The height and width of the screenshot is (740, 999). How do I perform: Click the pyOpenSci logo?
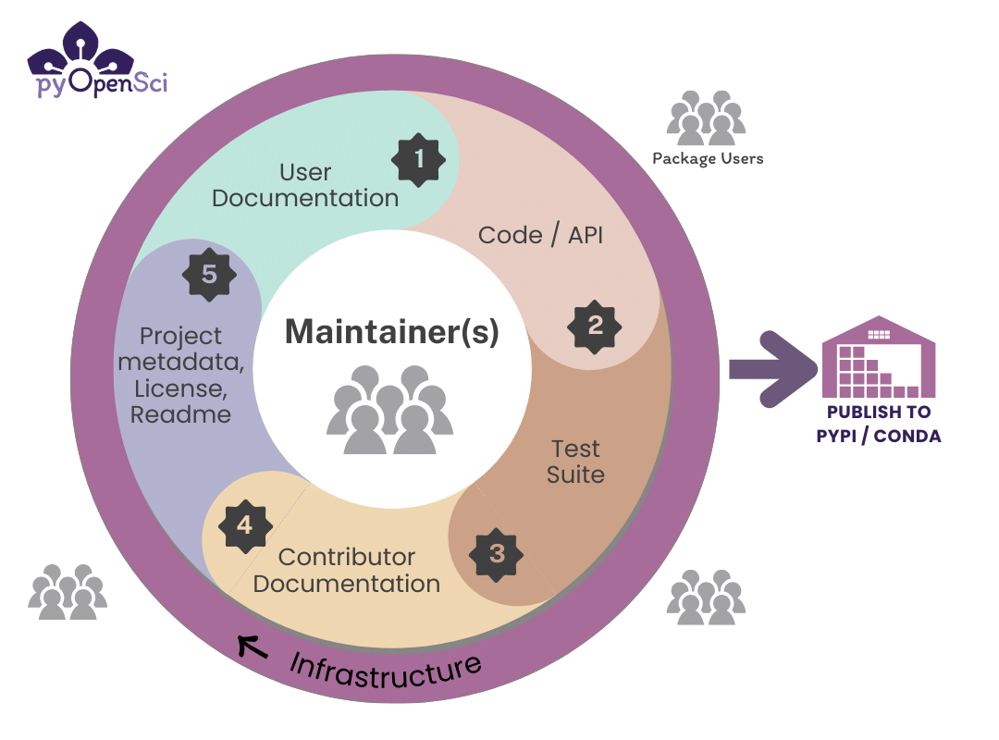(97, 59)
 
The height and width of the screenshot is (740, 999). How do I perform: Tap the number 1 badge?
(419, 160)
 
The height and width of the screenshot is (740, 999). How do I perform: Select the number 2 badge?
(595, 327)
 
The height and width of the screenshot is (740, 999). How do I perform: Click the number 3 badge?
(497, 554)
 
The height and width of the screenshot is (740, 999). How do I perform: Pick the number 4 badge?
(245, 525)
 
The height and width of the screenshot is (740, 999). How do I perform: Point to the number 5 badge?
(209, 275)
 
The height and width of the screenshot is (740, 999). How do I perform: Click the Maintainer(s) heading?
(392, 332)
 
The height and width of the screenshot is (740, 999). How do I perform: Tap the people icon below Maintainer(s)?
(390, 410)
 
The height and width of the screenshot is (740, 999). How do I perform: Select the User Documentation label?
(305, 186)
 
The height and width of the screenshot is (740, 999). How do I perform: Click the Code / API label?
(540, 235)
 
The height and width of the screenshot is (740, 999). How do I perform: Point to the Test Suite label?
(575, 462)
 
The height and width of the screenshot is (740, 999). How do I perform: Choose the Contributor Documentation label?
(347, 571)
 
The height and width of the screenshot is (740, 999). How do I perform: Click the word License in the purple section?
(180, 388)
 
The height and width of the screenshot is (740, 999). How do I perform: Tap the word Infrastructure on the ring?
(385, 672)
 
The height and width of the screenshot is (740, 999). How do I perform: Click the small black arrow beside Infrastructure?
(253, 647)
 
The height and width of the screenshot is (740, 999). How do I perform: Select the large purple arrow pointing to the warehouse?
(772, 369)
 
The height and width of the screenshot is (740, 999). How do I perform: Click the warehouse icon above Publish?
(879, 357)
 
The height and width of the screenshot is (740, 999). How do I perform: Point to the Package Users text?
(708, 159)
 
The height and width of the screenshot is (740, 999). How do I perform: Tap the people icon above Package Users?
(706, 117)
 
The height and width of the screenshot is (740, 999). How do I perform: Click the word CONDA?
(907, 436)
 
